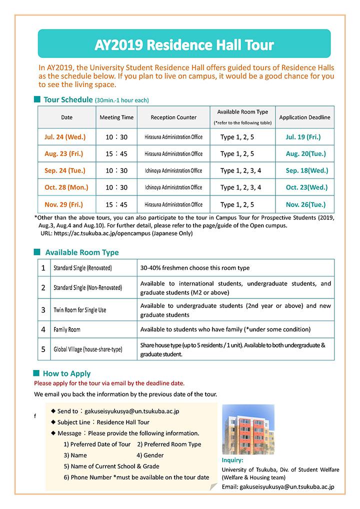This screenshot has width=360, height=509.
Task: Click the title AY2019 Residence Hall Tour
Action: (184, 45)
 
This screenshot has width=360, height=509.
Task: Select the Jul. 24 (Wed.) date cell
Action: (65, 136)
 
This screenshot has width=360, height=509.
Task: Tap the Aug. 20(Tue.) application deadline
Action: (305, 153)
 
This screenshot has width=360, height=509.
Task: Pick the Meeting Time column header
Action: (116, 117)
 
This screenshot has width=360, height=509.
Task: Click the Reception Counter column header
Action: (173, 117)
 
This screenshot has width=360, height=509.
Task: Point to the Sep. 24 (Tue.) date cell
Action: (65, 170)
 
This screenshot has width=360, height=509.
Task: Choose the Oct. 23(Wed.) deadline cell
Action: (306, 187)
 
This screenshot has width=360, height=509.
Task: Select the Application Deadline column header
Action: (304, 117)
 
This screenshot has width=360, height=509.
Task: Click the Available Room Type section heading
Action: (82, 252)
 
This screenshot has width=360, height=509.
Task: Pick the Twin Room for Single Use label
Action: (80, 310)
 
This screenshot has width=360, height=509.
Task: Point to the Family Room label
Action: (67, 330)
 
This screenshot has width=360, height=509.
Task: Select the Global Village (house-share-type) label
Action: (87, 349)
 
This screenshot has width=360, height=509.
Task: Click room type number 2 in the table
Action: (43, 287)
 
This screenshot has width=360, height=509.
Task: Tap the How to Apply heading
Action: (66, 373)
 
